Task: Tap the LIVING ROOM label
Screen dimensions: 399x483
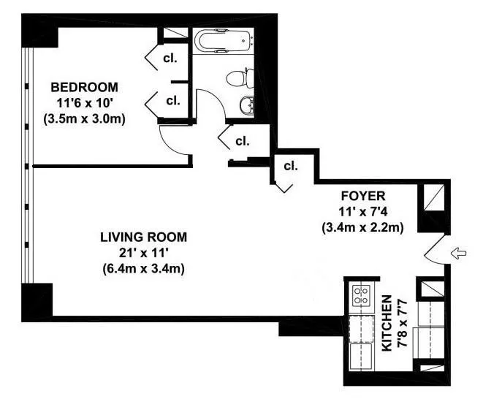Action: click(x=143, y=237)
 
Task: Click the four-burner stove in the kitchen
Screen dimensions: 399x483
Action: click(x=360, y=295)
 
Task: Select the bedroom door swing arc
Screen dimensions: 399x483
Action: click(x=173, y=138)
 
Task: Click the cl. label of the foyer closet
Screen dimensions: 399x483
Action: click(x=291, y=167)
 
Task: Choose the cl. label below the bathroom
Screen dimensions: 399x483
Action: click(x=243, y=140)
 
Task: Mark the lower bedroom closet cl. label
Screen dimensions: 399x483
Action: click(x=174, y=100)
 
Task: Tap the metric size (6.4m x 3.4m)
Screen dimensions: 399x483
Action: click(x=143, y=267)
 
